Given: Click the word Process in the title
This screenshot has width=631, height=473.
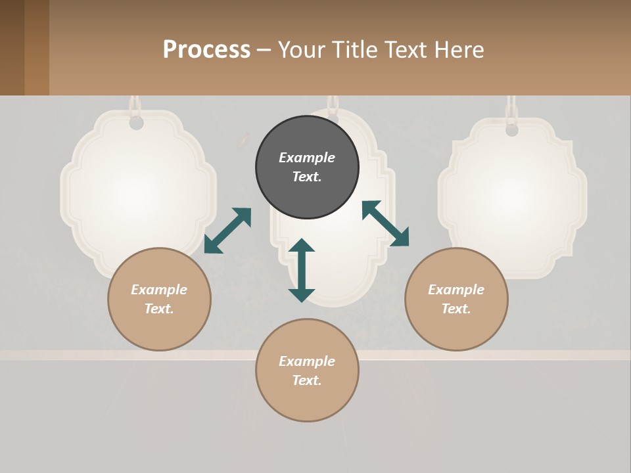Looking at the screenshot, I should click(206, 50).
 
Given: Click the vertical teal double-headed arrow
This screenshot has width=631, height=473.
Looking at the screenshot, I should click(302, 270).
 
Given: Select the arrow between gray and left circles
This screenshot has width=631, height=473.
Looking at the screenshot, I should click(227, 231).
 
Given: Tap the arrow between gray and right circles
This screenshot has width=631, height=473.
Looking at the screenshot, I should click(385, 223).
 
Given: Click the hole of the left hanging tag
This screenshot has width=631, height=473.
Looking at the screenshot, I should click(136, 123).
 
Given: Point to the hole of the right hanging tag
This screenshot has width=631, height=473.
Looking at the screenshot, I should click(512, 130).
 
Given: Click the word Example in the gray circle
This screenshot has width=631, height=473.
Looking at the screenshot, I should click(307, 158).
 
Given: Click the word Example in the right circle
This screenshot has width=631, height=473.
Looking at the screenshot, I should click(456, 290).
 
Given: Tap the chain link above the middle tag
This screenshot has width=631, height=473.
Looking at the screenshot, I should click(333, 103).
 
